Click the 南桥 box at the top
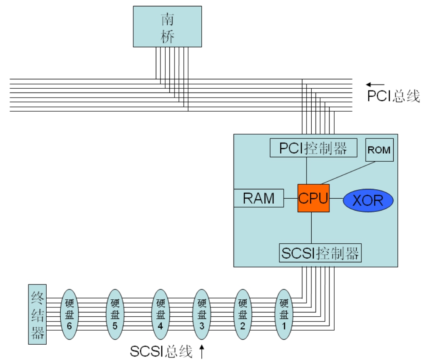167,27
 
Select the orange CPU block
313,198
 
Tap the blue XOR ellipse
368,200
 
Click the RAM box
259,198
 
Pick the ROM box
380,150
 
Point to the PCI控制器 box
313,148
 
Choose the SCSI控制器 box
320,253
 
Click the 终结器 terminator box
37,314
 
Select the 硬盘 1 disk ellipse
284,314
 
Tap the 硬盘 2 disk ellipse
242,314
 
